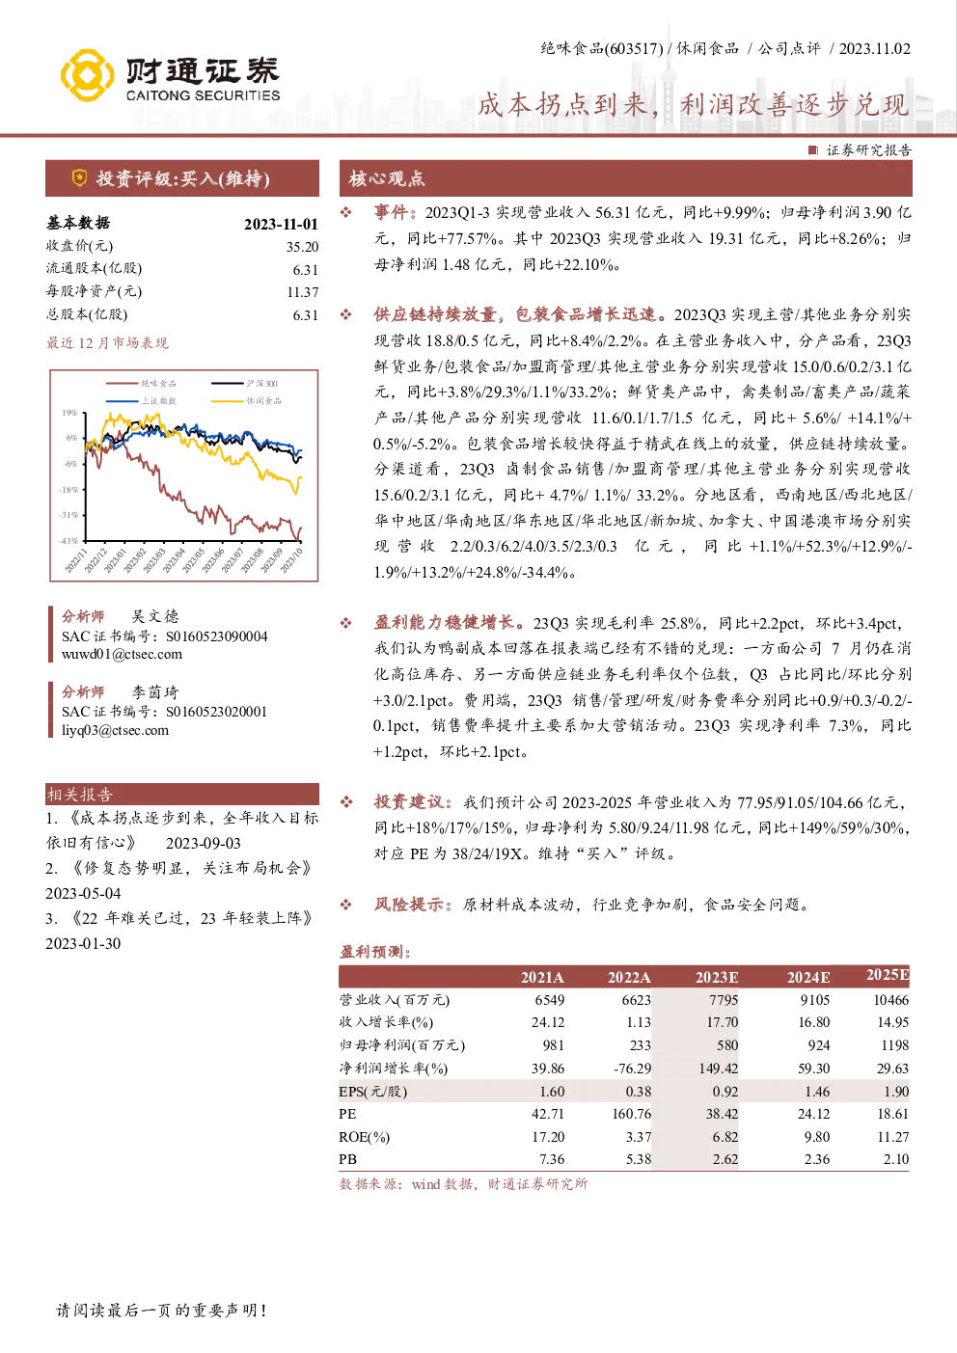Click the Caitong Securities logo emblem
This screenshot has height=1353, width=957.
click(x=87, y=75)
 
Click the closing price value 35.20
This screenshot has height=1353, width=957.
click(x=302, y=247)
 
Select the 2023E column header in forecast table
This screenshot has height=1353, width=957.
click(x=717, y=977)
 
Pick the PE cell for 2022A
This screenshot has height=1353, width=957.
click(x=631, y=1113)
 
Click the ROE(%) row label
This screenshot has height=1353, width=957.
click(x=365, y=1137)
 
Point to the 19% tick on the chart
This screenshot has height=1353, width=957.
click(x=69, y=413)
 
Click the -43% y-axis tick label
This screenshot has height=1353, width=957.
click(x=68, y=541)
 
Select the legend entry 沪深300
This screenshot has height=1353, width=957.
click(x=245, y=384)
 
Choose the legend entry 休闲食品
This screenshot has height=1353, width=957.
click(x=246, y=401)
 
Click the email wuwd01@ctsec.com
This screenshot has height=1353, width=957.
click(x=122, y=654)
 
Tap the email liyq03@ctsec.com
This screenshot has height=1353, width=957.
click(x=115, y=730)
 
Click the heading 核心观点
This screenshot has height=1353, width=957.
click(x=387, y=178)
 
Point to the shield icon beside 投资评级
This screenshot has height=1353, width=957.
click(x=79, y=177)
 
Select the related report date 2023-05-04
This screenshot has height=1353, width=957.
click(x=83, y=893)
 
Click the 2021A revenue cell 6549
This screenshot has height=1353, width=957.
click(x=549, y=1000)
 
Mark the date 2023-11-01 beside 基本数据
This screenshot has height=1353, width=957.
click(x=281, y=224)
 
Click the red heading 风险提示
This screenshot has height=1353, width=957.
click(x=410, y=905)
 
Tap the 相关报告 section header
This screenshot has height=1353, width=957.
click(x=79, y=795)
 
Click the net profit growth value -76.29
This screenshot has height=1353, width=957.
click(x=633, y=1068)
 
